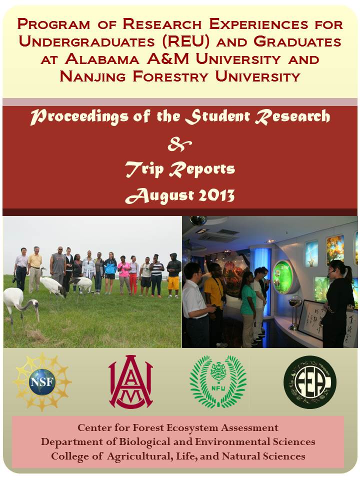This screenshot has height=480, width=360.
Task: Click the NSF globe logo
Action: pos(42,381)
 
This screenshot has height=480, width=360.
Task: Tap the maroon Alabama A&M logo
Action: pos(130,381)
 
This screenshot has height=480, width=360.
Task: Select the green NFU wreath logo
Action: pos(218,381)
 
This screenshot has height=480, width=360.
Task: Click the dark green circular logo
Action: pos(310,382)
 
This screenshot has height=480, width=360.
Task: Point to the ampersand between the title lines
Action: pos(179,144)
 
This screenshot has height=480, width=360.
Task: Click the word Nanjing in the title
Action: pos(92,76)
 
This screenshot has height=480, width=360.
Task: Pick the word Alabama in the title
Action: pos(102,59)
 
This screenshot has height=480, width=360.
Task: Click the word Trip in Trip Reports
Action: pos(144,169)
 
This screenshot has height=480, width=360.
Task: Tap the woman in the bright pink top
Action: pos(124,274)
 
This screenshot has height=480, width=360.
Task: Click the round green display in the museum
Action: pos(282,277)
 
